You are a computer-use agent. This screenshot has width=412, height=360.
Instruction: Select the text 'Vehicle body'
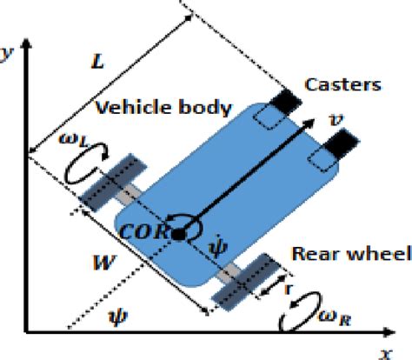coord(163,108)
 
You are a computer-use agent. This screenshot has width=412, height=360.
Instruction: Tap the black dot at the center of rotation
coord(179,233)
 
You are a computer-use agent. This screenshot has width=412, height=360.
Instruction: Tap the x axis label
coord(382,352)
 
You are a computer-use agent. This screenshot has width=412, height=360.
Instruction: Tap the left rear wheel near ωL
coord(107,182)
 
